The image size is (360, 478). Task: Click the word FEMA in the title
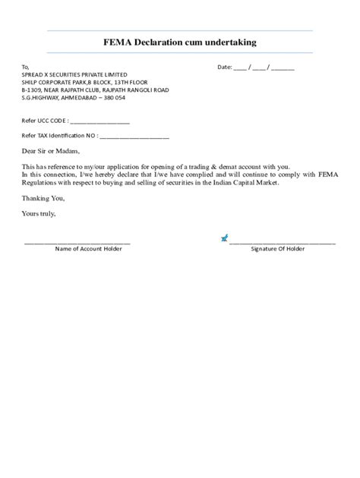pyautogui.click(x=118, y=42)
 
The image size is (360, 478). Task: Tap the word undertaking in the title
pyautogui.click(x=229, y=42)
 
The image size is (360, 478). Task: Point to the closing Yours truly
pyautogui.click(x=39, y=213)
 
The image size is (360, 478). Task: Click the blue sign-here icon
pyautogui.click(x=224, y=238)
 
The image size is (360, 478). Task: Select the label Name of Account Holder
pyautogui.click(x=88, y=249)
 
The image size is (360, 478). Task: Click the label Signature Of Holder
pyautogui.click(x=278, y=249)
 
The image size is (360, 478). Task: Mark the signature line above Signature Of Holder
pyautogui.click(x=283, y=242)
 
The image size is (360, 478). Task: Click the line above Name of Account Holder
pyautogui.click(x=77, y=242)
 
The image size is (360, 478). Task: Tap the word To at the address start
pyautogui.click(x=25, y=67)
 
